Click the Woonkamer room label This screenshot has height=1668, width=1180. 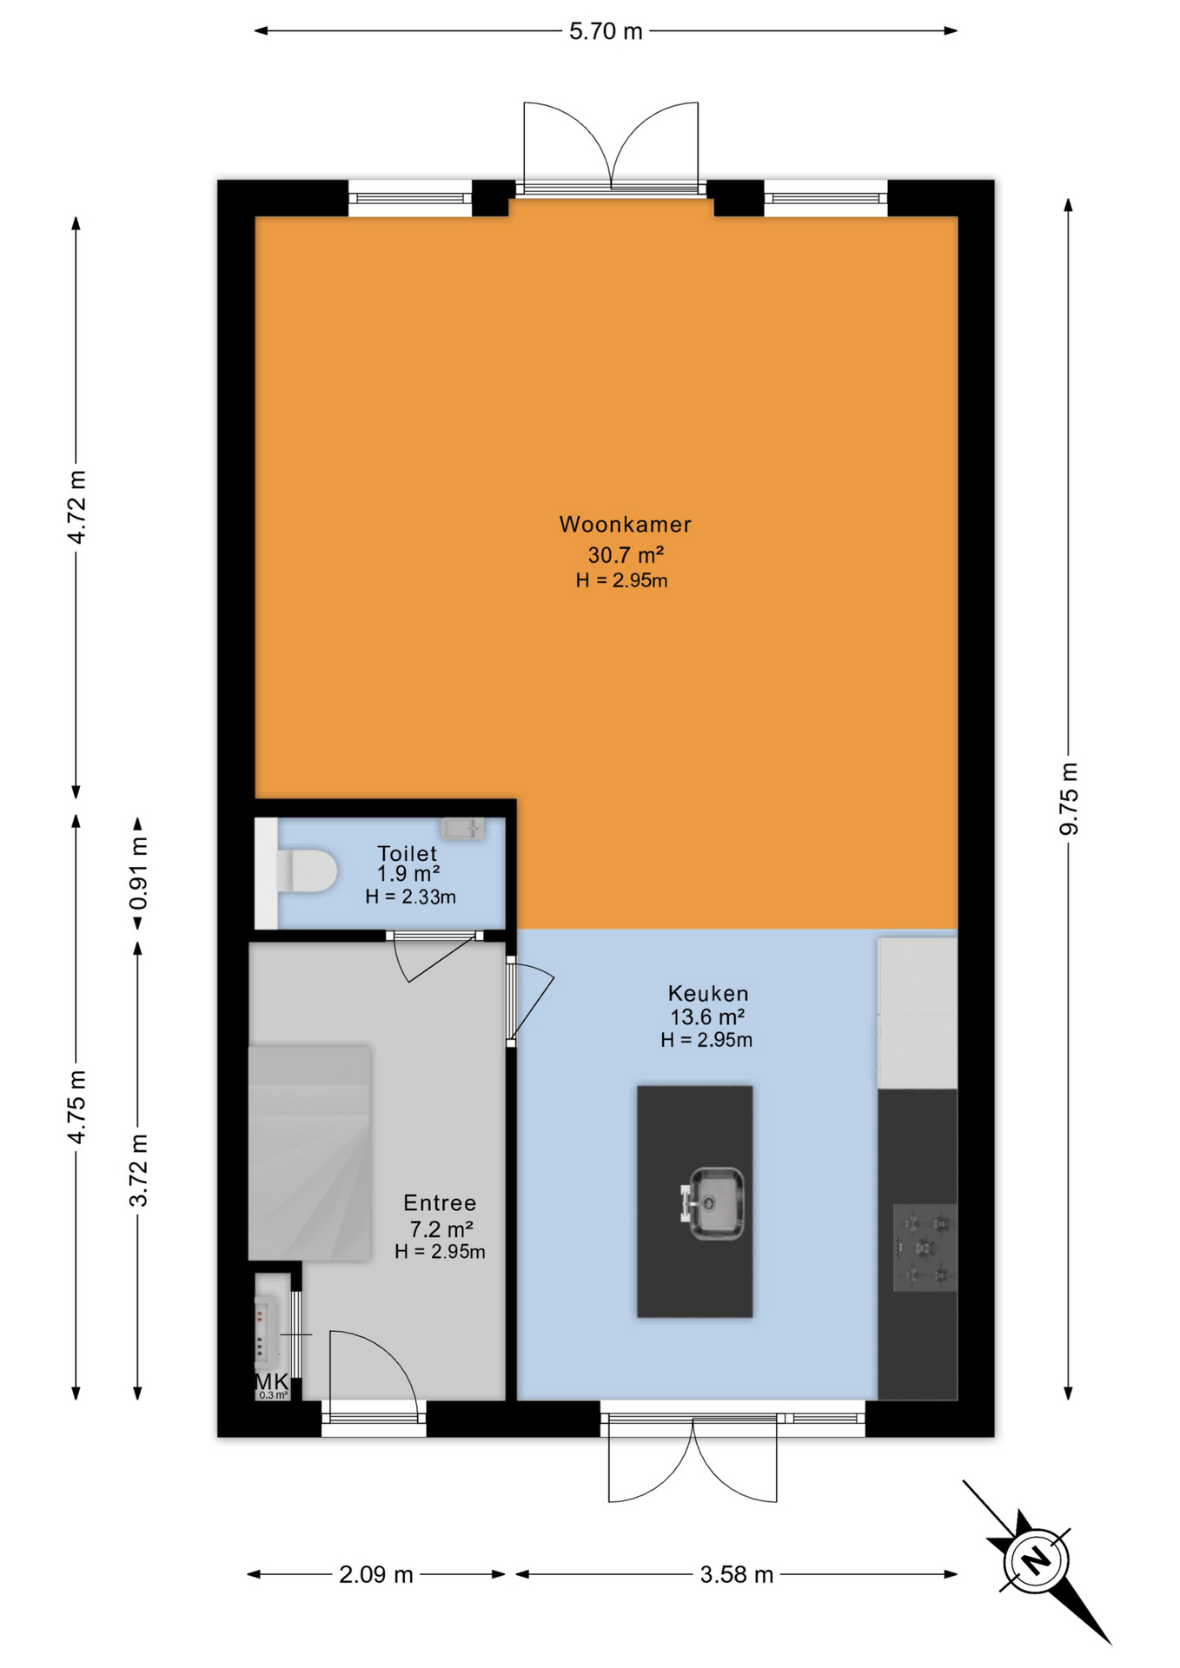(x=625, y=525)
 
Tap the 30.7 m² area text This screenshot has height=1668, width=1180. (x=626, y=554)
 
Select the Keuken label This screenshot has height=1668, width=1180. (x=707, y=993)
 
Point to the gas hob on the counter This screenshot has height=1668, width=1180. (x=925, y=1248)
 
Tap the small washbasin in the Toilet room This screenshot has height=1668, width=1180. (x=462, y=829)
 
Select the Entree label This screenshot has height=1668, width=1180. (x=440, y=1203)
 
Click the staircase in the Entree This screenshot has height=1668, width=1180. (x=309, y=1153)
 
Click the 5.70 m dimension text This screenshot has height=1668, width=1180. (x=606, y=31)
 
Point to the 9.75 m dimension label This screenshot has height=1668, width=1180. (x=1069, y=798)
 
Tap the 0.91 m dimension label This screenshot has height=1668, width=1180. (x=138, y=873)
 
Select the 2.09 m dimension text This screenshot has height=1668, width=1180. (x=376, y=1575)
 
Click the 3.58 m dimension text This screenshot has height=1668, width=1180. (x=737, y=1575)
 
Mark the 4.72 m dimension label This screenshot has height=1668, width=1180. (x=77, y=506)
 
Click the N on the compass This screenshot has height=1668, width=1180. (x=1036, y=1561)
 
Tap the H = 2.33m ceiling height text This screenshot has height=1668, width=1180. (x=410, y=897)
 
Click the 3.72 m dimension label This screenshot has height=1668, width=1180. (x=138, y=1169)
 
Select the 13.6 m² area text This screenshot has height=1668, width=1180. (x=707, y=1016)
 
